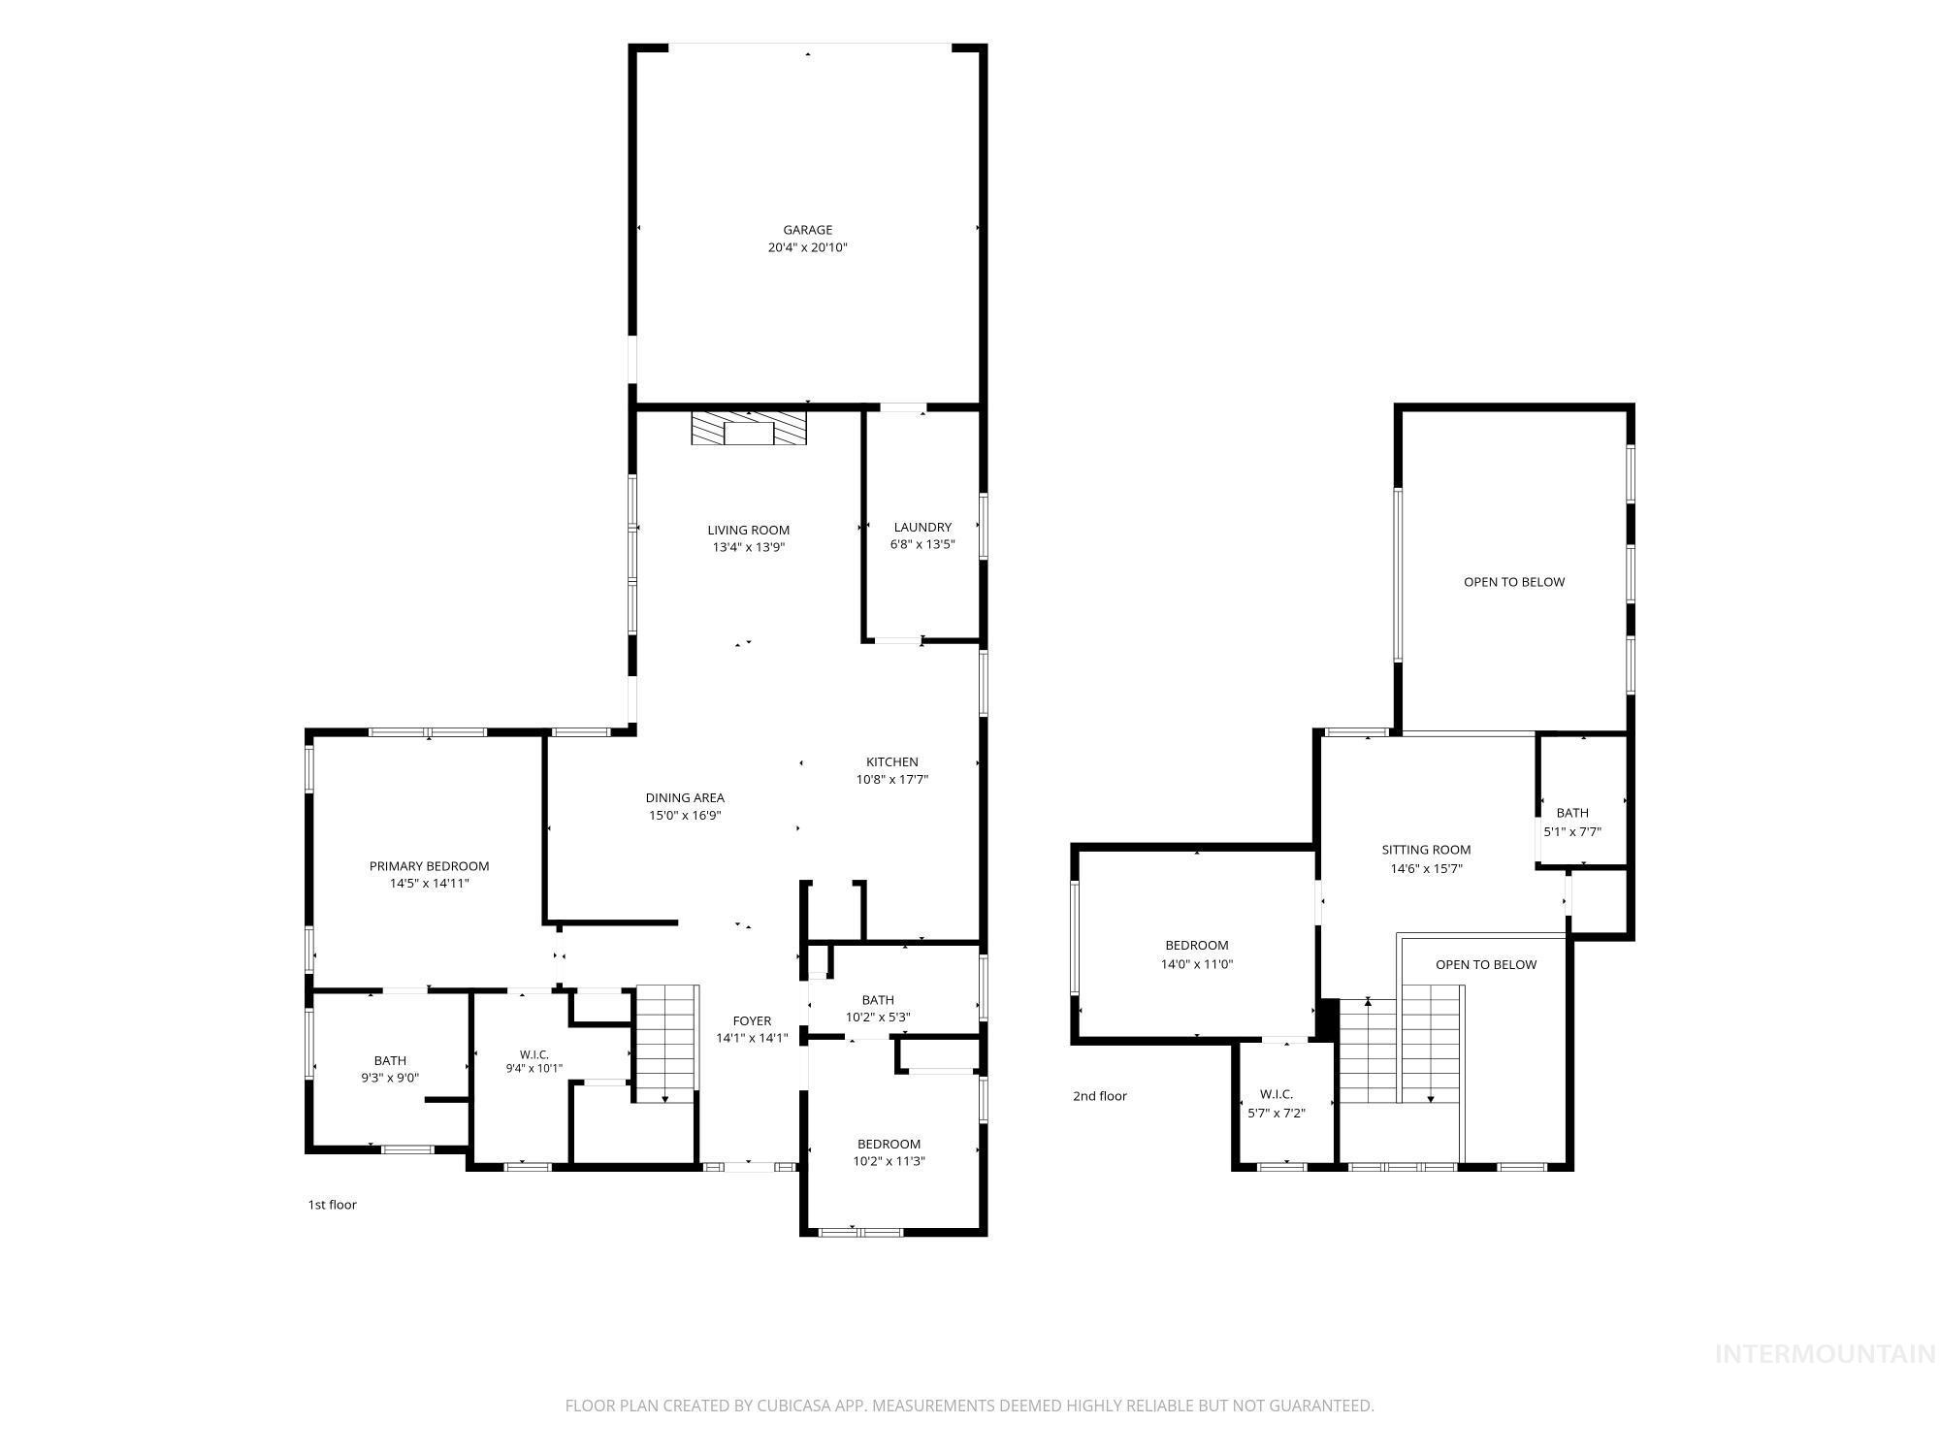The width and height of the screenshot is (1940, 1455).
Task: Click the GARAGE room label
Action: tap(808, 230)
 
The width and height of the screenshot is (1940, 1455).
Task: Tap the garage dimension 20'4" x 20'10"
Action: tap(808, 247)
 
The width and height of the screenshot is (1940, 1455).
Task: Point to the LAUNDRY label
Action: tap(922, 528)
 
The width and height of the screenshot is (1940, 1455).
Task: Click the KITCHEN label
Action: tap(892, 762)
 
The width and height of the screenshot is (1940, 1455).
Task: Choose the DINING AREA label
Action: tap(685, 798)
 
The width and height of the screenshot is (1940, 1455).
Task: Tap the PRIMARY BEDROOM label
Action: tap(429, 866)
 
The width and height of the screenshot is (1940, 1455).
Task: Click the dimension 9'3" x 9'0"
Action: tap(390, 1077)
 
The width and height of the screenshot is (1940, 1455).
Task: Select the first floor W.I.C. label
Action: tap(534, 1054)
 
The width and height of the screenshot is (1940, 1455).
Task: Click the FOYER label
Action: tap(752, 1020)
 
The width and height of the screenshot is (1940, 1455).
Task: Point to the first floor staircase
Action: tap(666, 1044)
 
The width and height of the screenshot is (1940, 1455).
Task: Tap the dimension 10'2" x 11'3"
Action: tap(889, 1161)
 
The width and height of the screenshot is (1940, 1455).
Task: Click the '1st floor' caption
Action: tap(333, 1205)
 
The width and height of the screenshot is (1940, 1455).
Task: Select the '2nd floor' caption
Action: tap(1100, 1096)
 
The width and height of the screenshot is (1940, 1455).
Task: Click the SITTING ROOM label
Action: tap(1426, 851)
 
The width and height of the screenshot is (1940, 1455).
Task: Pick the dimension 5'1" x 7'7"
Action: tap(1572, 831)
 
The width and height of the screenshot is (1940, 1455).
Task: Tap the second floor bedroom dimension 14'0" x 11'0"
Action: tap(1197, 964)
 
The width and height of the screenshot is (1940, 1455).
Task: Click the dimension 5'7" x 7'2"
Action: tap(1277, 1113)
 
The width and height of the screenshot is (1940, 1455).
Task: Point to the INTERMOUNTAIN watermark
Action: tap(1826, 1354)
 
